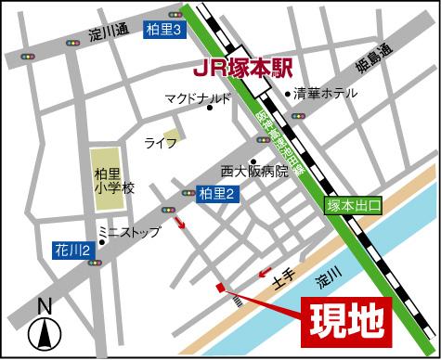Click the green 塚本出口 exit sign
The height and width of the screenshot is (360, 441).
click(x=353, y=207)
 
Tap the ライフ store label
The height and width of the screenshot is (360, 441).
click(x=160, y=143)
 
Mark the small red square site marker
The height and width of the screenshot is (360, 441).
click(x=219, y=289)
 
